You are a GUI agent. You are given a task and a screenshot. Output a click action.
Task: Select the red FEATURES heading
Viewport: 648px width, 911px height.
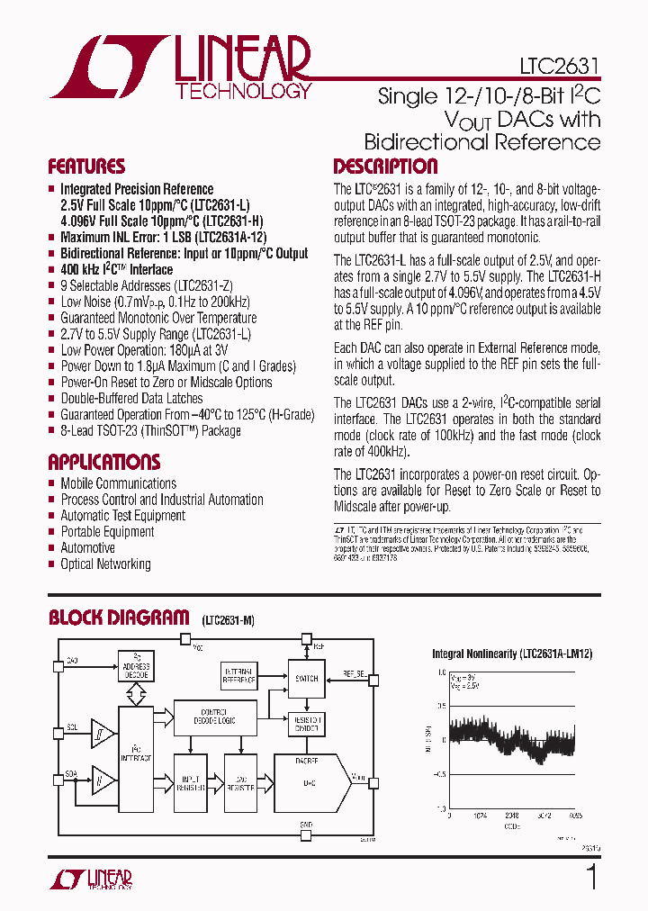tap(86, 167)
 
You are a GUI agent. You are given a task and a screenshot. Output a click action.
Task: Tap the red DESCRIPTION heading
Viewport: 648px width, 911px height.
tap(385, 167)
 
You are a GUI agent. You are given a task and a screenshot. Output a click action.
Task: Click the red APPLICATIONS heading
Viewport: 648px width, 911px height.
tap(103, 463)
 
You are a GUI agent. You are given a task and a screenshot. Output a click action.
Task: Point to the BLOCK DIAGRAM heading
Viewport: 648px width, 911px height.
tap(118, 618)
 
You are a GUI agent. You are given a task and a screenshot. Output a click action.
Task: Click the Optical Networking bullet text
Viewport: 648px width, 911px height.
tap(105, 564)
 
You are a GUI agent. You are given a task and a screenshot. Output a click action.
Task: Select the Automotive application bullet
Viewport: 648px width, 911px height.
tap(87, 548)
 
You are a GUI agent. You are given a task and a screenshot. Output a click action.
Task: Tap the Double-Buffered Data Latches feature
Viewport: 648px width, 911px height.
tap(131, 399)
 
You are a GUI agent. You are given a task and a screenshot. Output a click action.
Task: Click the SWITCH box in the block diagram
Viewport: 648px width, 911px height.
tap(306, 679)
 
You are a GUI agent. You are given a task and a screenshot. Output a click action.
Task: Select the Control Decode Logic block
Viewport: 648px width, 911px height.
tap(213, 715)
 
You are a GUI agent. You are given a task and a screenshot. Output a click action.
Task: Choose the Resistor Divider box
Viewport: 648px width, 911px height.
tap(306, 724)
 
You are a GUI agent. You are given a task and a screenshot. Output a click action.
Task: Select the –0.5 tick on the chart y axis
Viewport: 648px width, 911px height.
tap(438, 774)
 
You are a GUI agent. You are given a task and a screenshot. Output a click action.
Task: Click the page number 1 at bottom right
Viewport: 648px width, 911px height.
tap(591, 876)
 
